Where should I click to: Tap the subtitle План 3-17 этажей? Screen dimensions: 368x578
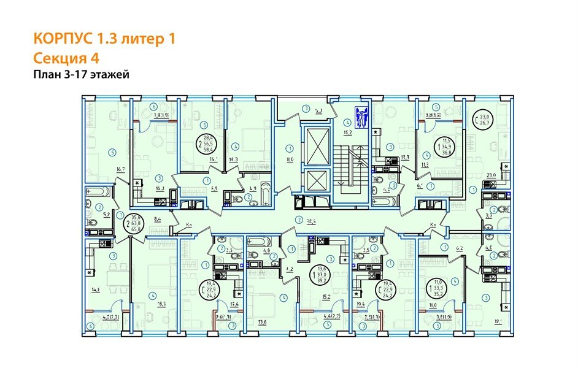click(80, 75)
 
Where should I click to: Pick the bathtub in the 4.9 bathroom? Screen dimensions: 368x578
click(264, 195)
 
